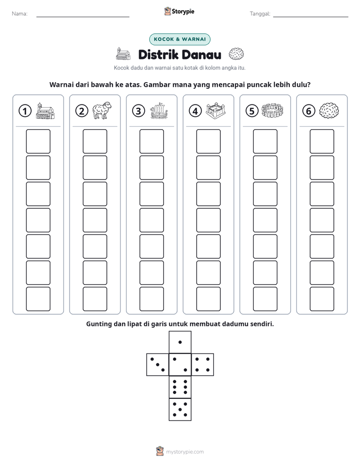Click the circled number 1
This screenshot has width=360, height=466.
tap(25, 111)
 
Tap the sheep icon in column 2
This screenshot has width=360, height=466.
tap(102, 110)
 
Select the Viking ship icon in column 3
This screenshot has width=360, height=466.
tap(159, 111)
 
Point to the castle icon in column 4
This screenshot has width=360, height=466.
tap(216, 111)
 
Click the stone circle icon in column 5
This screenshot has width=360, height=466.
tap(272, 110)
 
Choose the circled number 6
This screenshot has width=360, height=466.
tap(309, 111)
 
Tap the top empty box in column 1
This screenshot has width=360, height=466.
tap(38, 141)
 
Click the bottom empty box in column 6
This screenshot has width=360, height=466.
tap(322, 299)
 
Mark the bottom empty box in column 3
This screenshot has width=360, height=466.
tap(152, 299)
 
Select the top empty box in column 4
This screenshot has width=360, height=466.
tap(209, 141)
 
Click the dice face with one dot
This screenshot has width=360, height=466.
tap(180, 342)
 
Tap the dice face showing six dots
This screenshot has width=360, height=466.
tap(180, 387)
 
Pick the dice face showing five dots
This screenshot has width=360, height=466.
tap(180, 409)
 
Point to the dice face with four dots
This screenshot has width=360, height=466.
tap(203, 365)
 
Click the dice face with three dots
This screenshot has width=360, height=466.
tap(158, 365)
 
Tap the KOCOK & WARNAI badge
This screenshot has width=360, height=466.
tap(179, 39)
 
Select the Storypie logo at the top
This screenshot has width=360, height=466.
tap(179, 11)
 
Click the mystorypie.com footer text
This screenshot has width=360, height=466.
tap(185, 452)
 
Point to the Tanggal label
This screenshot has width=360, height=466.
tap(260, 14)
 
